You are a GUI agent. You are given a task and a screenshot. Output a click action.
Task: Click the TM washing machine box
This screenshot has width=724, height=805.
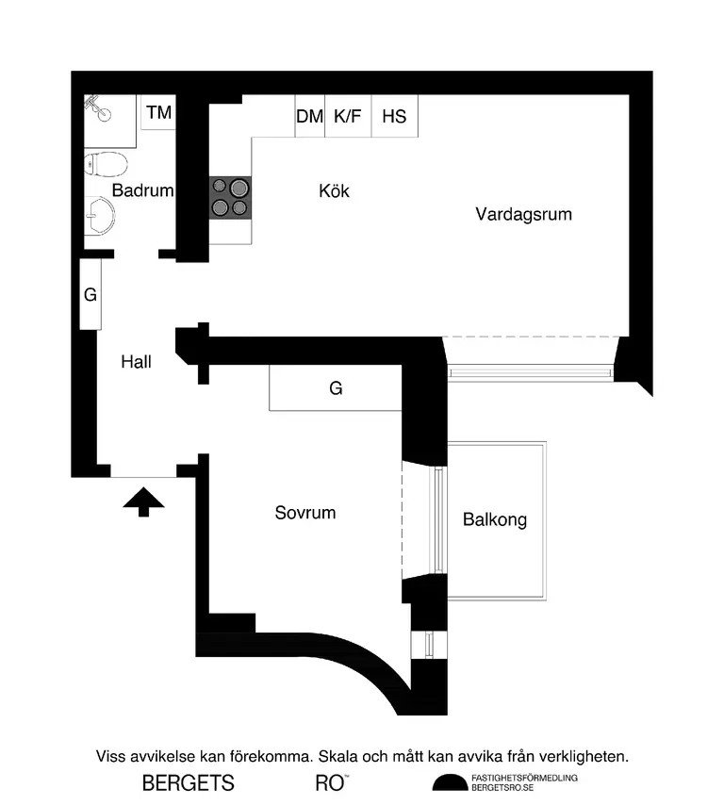pyautogui.click(x=158, y=112)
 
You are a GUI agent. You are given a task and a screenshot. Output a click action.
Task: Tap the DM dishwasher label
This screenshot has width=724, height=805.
pyautogui.click(x=309, y=117)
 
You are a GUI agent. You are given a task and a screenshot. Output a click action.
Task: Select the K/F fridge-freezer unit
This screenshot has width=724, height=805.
pyautogui.click(x=348, y=116)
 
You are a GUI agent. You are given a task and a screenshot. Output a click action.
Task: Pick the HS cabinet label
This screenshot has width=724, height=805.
pyautogui.click(x=394, y=117)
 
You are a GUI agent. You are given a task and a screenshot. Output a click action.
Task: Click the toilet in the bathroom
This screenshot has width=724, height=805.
pyautogui.click(x=106, y=164)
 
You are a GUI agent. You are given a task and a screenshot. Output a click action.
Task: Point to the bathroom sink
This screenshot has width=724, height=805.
pyautogui.click(x=100, y=216)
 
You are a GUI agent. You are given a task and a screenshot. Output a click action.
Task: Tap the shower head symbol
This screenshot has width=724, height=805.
pyautogui.click(x=97, y=108)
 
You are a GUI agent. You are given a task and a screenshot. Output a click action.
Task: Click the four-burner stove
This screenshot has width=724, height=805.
pyautogui.click(x=230, y=198)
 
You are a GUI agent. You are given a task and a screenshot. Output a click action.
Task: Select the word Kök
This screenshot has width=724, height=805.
pyautogui.click(x=334, y=191)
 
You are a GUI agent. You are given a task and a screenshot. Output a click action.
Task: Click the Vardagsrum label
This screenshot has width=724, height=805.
pyautogui.click(x=524, y=214)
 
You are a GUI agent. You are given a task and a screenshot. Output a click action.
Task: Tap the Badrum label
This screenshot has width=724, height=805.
pyautogui.click(x=142, y=190)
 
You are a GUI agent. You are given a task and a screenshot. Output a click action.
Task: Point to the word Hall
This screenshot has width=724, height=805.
pyautogui.click(x=136, y=362)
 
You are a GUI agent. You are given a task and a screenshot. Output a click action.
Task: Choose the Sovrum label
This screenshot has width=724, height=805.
pyautogui.click(x=305, y=513)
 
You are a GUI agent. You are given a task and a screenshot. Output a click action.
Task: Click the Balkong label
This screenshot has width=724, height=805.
pyautogui.click(x=495, y=519)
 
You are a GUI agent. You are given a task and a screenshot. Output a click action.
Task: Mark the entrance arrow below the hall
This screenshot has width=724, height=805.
pyautogui.click(x=144, y=501)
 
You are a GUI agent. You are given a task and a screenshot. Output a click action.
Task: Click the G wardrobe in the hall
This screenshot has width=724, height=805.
pyautogui.click(x=90, y=294)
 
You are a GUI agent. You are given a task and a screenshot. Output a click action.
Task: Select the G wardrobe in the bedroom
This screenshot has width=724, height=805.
pyautogui.click(x=336, y=388)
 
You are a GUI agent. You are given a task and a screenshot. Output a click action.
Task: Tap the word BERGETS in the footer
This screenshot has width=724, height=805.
pyautogui.click(x=188, y=783)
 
